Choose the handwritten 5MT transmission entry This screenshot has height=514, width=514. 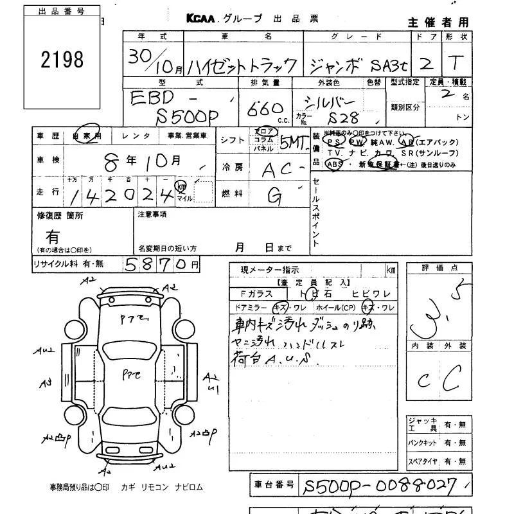(x=294, y=143)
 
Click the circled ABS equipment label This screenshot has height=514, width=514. (x=335, y=164)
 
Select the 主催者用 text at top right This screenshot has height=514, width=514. (x=438, y=22)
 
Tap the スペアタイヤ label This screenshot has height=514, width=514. (x=423, y=462)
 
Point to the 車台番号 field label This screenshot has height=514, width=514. (x=274, y=484)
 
